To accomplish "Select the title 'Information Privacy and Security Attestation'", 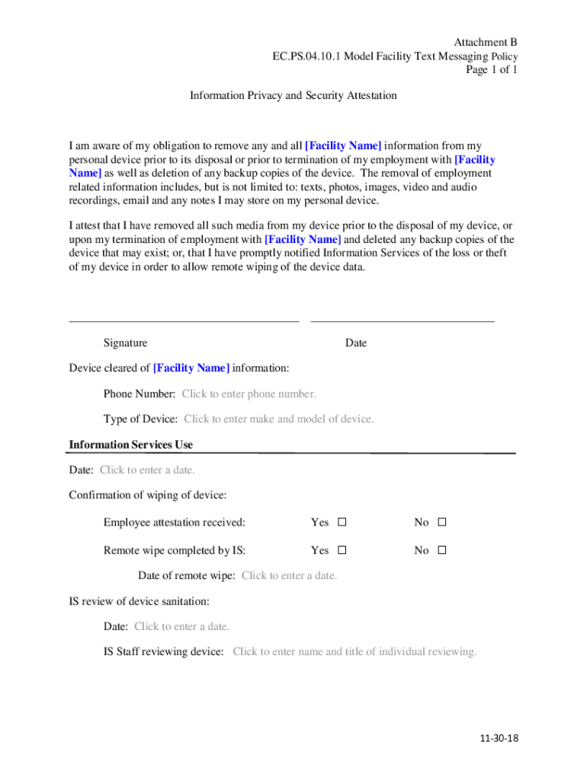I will pyautogui.click(x=293, y=96).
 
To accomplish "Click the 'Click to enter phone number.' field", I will pyautogui.click(x=249, y=394).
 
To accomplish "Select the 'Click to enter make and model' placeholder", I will pyautogui.click(x=279, y=419).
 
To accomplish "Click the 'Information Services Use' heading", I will pyautogui.click(x=131, y=445).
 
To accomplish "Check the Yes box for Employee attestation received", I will pyautogui.click(x=342, y=523).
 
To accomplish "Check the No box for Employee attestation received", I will pyautogui.click(x=441, y=523).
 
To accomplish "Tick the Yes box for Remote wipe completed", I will pyautogui.click(x=342, y=550).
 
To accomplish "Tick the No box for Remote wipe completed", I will pyautogui.click(x=441, y=550).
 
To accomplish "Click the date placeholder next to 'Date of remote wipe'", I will pyautogui.click(x=289, y=576).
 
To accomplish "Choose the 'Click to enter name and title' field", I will pyautogui.click(x=354, y=652).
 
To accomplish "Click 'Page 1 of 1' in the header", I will pyautogui.click(x=492, y=70).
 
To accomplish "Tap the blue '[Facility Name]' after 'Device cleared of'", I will pyautogui.click(x=191, y=369).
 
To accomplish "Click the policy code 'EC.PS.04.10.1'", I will pyautogui.click(x=308, y=56).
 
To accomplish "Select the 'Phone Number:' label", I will pyautogui.click(x=140, y=394).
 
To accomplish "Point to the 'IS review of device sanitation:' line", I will pyautogui.click(x=140, y=602).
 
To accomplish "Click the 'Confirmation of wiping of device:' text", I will pyautogui.click(x=148, y=495).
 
